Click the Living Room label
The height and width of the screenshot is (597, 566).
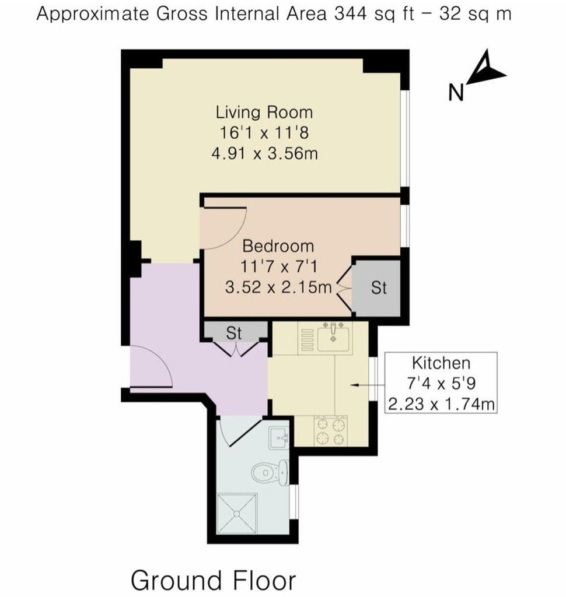[264, 113]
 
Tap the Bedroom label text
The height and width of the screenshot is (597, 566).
[278, 246]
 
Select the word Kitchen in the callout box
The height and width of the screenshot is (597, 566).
[441, 363]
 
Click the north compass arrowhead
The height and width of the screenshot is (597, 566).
[485, 69]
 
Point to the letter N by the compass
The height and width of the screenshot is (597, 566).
[456, 92]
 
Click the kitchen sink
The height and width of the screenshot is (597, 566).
[333, 336]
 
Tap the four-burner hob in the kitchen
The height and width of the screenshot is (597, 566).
[330, 431]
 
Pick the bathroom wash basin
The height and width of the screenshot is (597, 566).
[279, 438]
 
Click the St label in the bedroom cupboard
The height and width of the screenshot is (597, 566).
[379, 288]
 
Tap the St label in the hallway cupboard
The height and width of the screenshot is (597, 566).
[233, 333]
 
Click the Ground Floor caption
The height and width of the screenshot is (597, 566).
[213, 581]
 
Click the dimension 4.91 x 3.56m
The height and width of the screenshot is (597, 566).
[264, 154]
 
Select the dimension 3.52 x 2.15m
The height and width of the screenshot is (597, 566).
[278, 287]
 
